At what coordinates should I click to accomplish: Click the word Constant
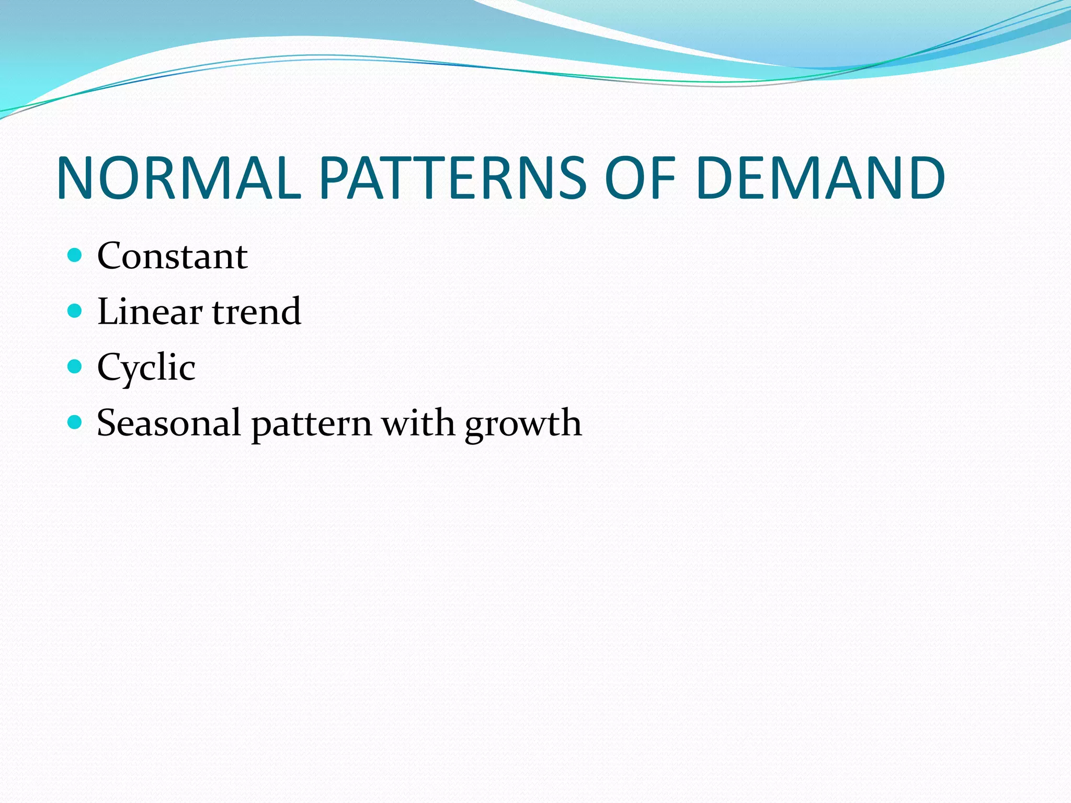172,256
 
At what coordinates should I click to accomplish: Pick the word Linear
150,312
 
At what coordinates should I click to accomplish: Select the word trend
257,312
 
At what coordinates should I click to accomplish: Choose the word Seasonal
168,423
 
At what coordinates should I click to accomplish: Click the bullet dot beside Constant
75,255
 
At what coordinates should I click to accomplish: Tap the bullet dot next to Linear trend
75,311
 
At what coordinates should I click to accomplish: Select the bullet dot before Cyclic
75,366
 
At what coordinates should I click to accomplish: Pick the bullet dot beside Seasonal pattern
75,422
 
